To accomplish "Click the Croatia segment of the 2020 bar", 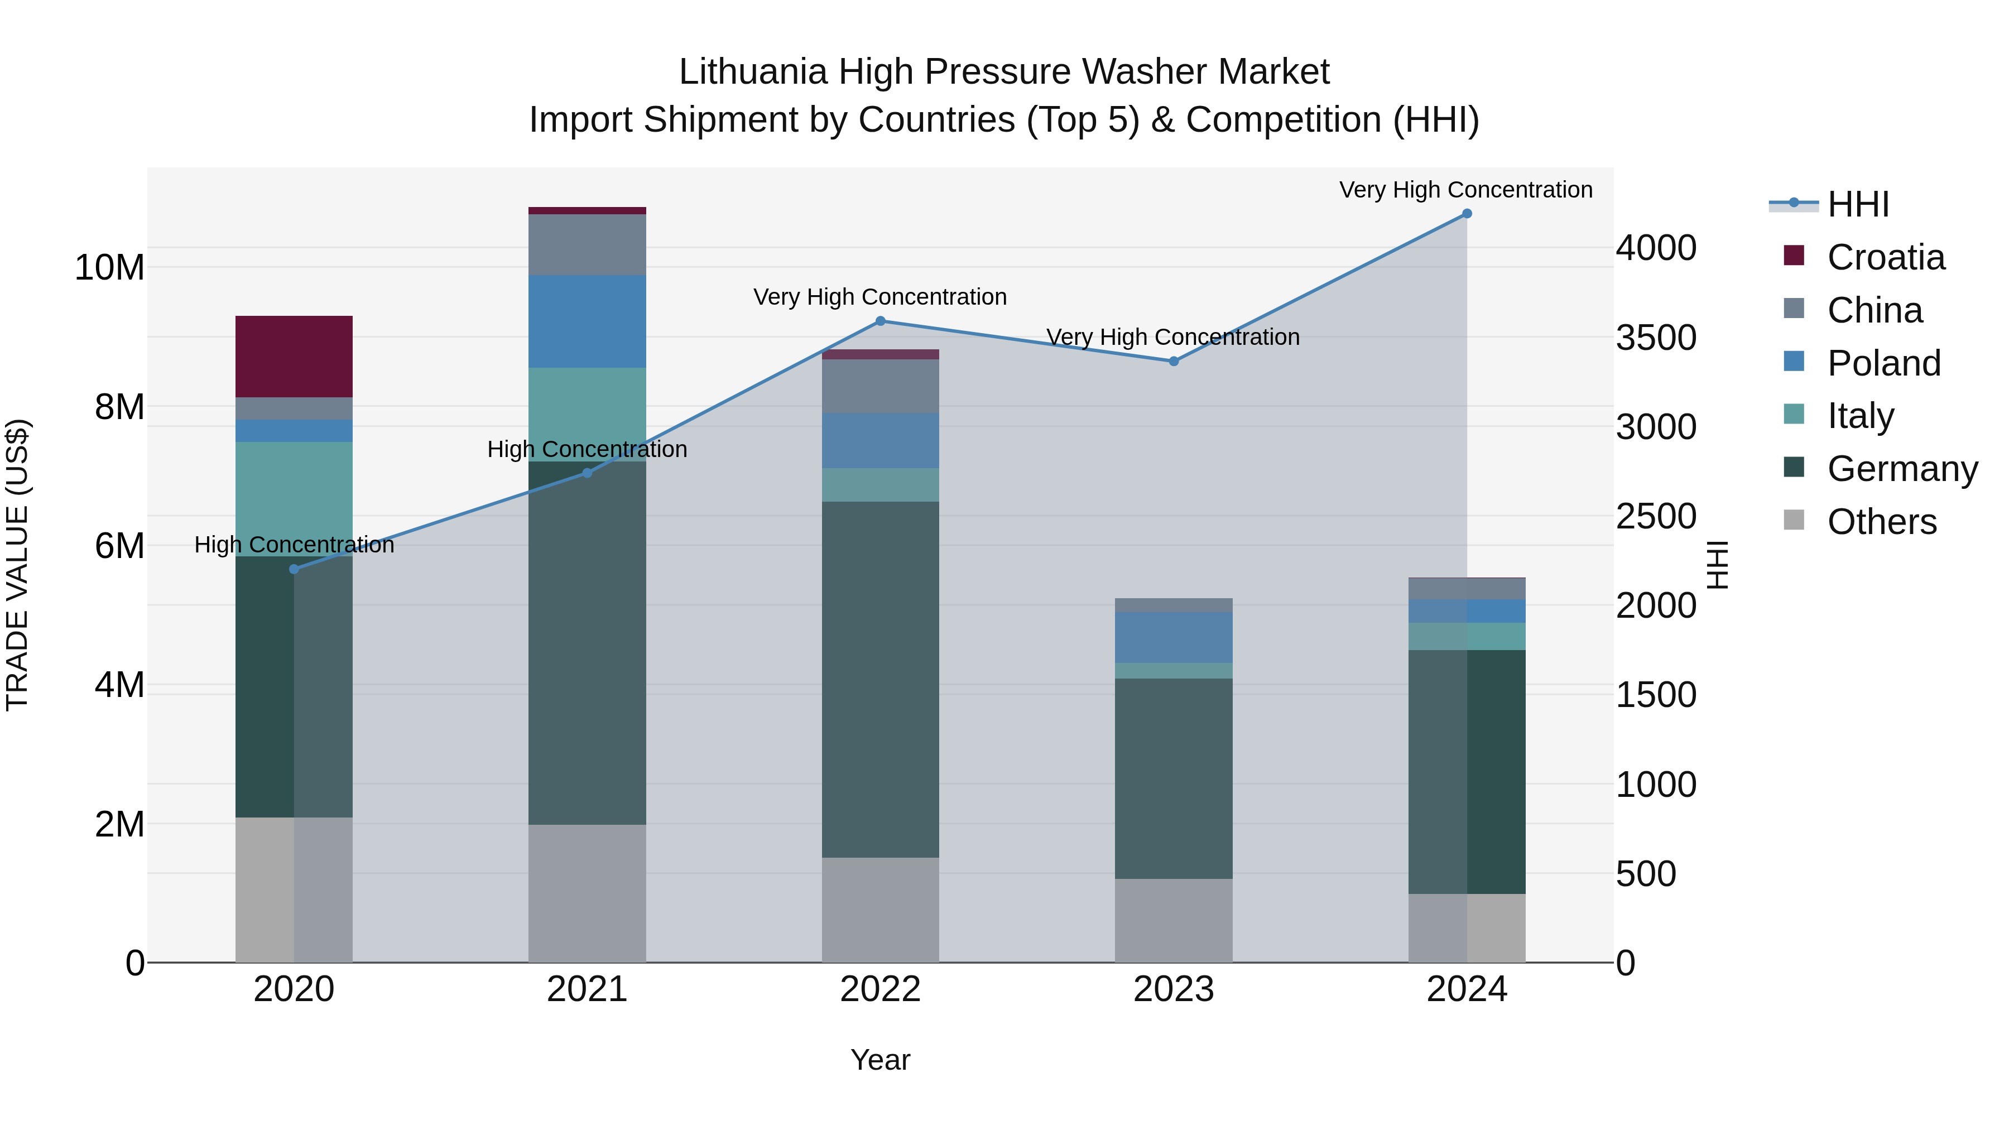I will click(294, 357).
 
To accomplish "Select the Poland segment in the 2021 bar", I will click(587, 321).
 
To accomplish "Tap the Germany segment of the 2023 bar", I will click(1173, 778).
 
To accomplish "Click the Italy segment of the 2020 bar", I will click(294, 498).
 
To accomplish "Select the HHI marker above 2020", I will click(294, 569).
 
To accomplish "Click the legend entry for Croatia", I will click(1885, 257).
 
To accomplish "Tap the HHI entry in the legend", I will click(1858, 204).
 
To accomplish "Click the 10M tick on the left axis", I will click(109, 267).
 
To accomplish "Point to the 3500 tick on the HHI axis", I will click(1655, 338).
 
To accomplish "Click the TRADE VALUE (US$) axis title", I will click(17, 565).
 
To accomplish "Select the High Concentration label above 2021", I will click(587, 449).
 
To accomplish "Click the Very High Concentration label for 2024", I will click(1465, 190).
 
